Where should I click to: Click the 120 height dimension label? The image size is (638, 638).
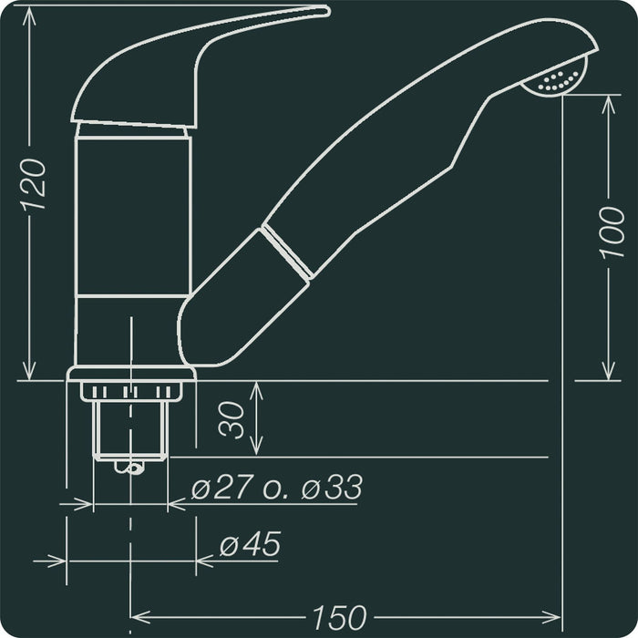34,185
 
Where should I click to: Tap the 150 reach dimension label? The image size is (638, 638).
337,617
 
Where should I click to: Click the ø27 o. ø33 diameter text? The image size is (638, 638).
276,489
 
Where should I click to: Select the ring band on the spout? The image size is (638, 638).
285,250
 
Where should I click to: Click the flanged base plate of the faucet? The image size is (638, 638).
131,373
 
